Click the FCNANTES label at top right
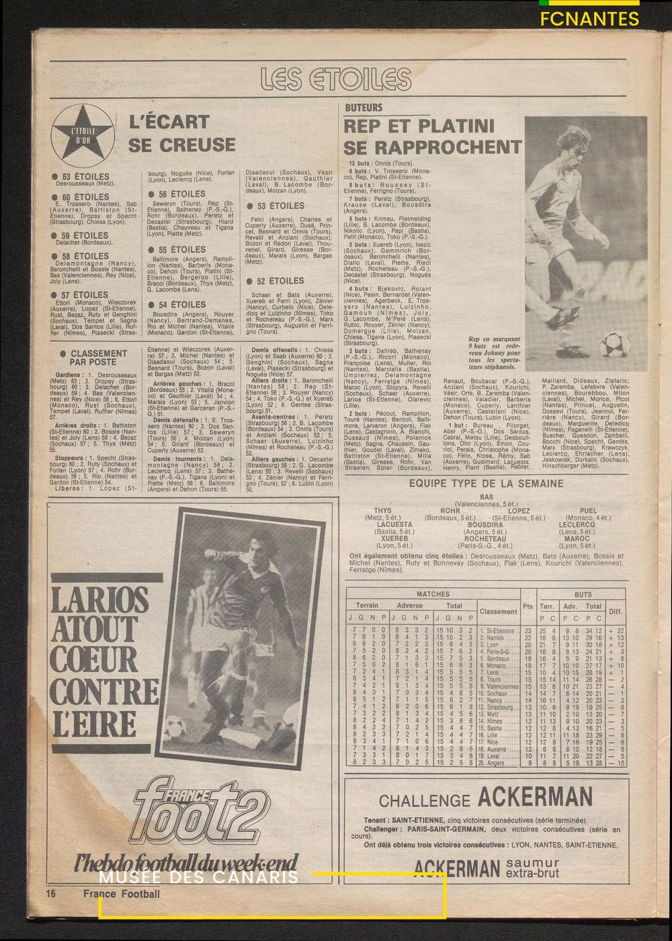click(589, 19)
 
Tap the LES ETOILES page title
click(336, 79)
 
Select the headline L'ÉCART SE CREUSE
click(181, 133)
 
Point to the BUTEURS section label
click(364, 108)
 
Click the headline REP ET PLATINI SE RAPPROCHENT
click(432, 136)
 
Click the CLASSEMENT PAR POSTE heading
click(98, 358)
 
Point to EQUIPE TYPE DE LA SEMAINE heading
click(486, 483)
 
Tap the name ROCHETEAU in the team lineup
click(485, 538)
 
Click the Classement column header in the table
click(498, 612)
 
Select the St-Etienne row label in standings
click(499, 631)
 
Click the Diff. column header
click(616, 612)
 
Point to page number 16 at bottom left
click(50, 894)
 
